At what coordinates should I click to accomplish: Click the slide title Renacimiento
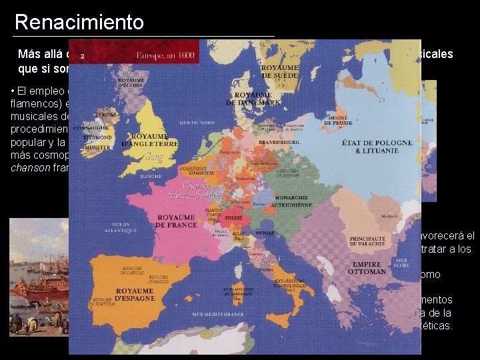pos(79,22)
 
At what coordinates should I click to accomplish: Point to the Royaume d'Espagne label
pos(146,295)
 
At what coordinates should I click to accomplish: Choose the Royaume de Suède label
pos(281,71)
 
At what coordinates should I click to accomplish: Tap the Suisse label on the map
pos(231,217)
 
